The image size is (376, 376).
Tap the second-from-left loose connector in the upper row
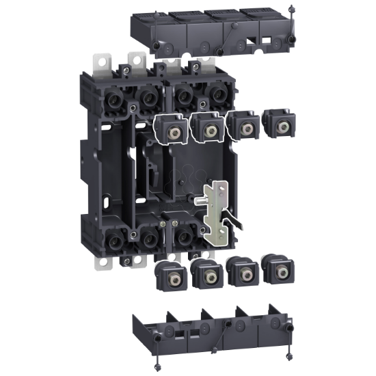tap(207, 128)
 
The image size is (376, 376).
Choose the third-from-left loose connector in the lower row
tap(243, 271)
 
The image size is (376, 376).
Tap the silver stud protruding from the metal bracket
tap(201, 200)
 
